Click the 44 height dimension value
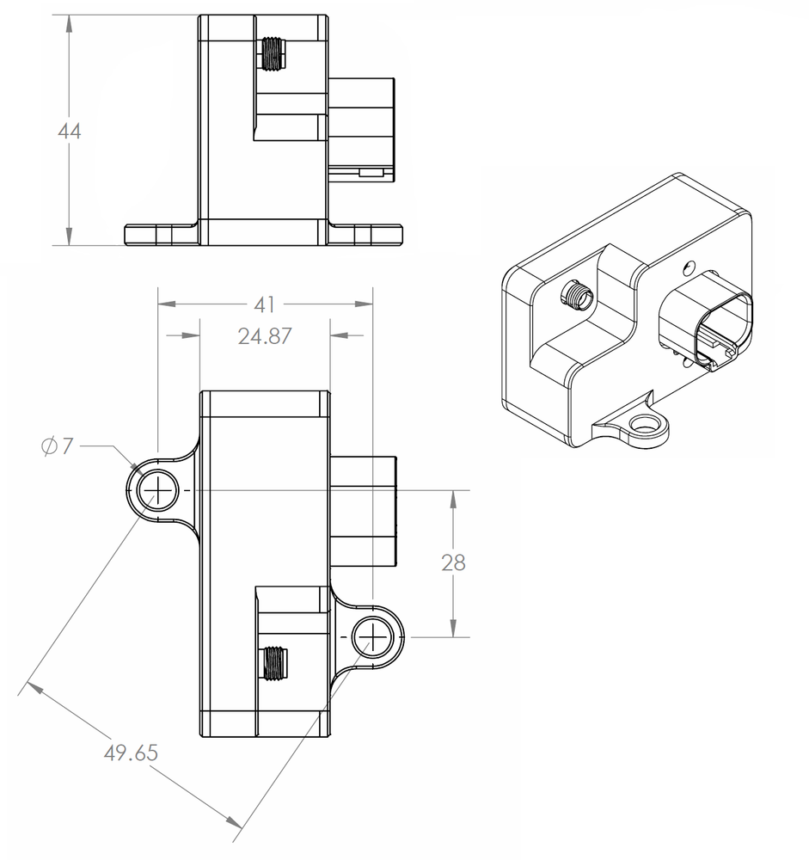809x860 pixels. (x=69, y=132)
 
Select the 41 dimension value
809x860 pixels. (x=265, y=304)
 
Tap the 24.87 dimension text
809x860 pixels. (x=265, y=336)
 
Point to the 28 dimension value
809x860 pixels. (x=453, y=563)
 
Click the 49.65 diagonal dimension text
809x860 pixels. (x=131, y=753)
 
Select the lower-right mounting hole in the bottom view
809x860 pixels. (x=372, y=636)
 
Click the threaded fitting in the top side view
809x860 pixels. (x=274, y=54)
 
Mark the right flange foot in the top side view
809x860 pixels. (x=366, y=234)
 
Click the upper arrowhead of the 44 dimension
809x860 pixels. (x=68, y=22)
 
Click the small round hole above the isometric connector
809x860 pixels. (x=687, y=267)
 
